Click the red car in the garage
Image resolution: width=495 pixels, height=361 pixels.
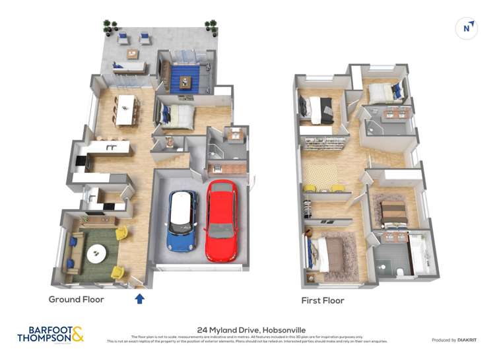[222, 220]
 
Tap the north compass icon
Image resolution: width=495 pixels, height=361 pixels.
[467, 28]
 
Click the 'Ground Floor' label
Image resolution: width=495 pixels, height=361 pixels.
[76, 299]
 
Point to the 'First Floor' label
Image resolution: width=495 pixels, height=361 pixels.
[323, 300]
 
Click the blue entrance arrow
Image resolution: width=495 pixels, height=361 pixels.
[139, 298]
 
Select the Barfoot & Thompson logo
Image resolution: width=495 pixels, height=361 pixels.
[51, 334]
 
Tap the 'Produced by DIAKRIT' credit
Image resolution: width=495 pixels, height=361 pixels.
[453, 340]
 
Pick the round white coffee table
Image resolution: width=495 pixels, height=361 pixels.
[97, 252]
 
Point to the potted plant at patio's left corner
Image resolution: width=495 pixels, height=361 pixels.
[108, 26]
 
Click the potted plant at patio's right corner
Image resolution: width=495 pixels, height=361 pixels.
[211, 26]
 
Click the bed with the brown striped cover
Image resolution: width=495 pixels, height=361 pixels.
[395, 214]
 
